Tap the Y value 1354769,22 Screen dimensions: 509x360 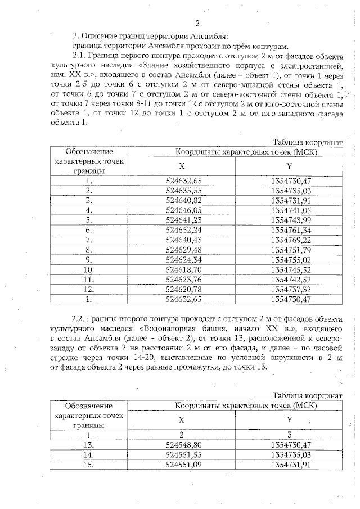290,240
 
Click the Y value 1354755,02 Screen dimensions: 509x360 290,260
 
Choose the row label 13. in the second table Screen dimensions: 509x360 88,444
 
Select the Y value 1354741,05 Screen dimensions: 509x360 290,210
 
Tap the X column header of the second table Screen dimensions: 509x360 182,420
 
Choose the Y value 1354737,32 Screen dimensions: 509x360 290,289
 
